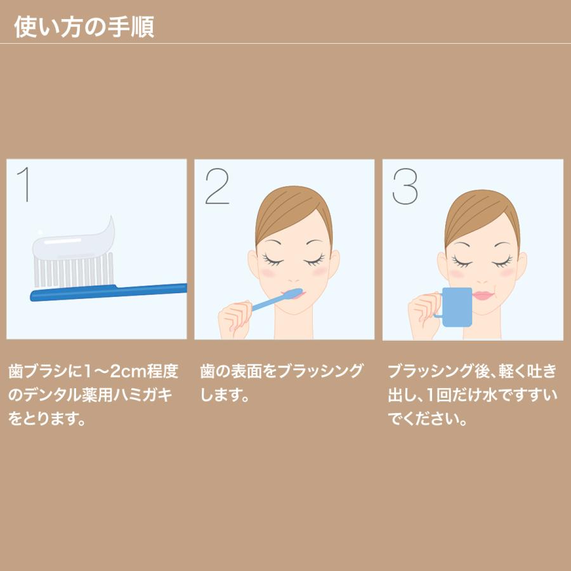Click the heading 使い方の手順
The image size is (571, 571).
coord(84,27)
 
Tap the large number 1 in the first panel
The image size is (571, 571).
coord(24,185)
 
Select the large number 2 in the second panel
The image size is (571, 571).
coord(217,185)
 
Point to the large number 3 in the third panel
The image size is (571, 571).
coord(405,185)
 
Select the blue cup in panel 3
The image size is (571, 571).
coord(458,306)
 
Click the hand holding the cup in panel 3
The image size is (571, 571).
coord(422,311)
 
